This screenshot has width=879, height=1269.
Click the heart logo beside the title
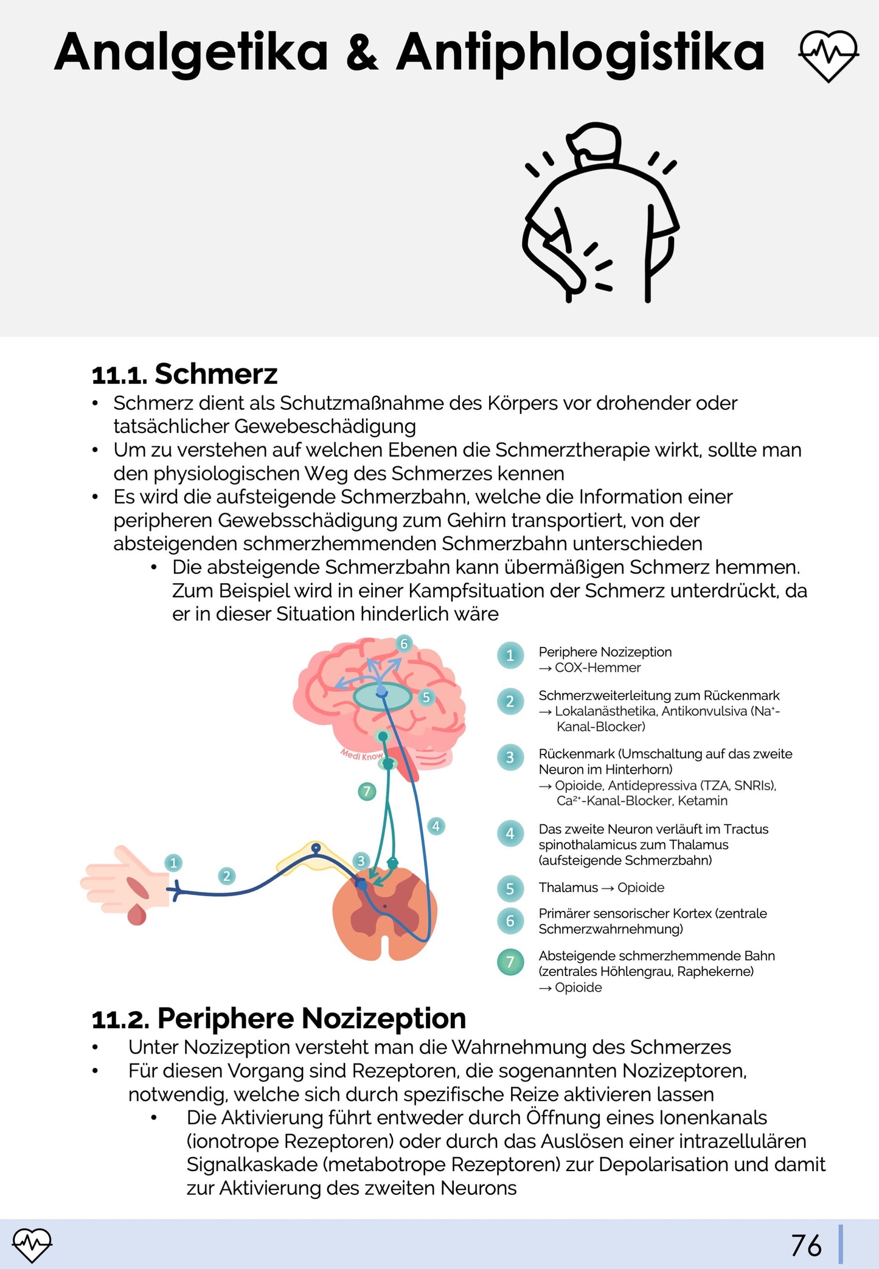click(x=828, y=55)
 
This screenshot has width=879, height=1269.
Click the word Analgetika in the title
click(x=191, y=54)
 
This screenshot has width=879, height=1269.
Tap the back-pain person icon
click(x=601, y=213)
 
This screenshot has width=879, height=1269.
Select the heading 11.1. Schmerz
click(x=184, y=373)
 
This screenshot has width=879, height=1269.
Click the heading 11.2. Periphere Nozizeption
click(x=279, y=1018)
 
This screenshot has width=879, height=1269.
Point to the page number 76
click(x=806, y=1245)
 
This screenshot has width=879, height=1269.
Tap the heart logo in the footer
click(x=32, y=1245)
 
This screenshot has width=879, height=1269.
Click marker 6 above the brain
click(x=404, y=643)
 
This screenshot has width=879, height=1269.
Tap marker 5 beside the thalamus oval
click(x=426, y=697)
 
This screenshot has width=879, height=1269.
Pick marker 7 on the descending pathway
click(x=367, y=791)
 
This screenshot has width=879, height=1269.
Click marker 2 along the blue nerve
click(x=227, y=876)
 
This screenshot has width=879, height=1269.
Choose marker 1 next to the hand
click(x=173, y=862)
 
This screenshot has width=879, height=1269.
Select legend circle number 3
click(x=510, y=758)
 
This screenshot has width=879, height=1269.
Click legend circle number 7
click(x=510, y=962)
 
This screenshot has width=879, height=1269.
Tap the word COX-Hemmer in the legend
click(x=597, y=668)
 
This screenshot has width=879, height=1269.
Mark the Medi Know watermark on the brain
click(x=361, y=755)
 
